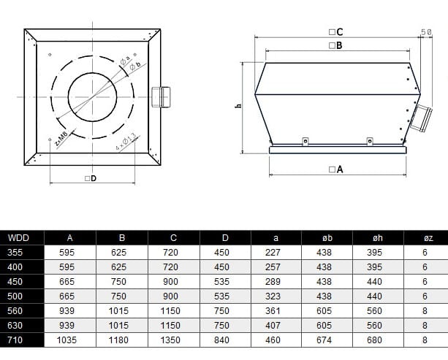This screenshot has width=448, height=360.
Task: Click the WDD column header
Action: (15, 237)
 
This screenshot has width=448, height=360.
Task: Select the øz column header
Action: (425, 237)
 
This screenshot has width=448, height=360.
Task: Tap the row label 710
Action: (15, 340)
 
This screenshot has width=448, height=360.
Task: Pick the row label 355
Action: (15, 252)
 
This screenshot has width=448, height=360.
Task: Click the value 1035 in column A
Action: (70, 340)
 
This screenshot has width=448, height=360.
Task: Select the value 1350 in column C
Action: (172, 340)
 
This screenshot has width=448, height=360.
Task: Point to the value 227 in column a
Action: (276, 252)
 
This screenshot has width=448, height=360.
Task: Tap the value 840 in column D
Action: (224, 340)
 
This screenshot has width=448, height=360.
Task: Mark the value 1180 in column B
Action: (121, 340)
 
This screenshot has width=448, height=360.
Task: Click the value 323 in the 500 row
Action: (276, 296)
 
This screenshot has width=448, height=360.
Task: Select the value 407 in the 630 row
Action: (276, 325)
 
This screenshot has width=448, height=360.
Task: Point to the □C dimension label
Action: (336, 32)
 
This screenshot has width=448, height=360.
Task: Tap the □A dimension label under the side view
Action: (336, 169)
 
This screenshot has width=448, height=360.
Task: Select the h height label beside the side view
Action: (238, 107)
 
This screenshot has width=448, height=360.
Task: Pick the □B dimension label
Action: (336, 45)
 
